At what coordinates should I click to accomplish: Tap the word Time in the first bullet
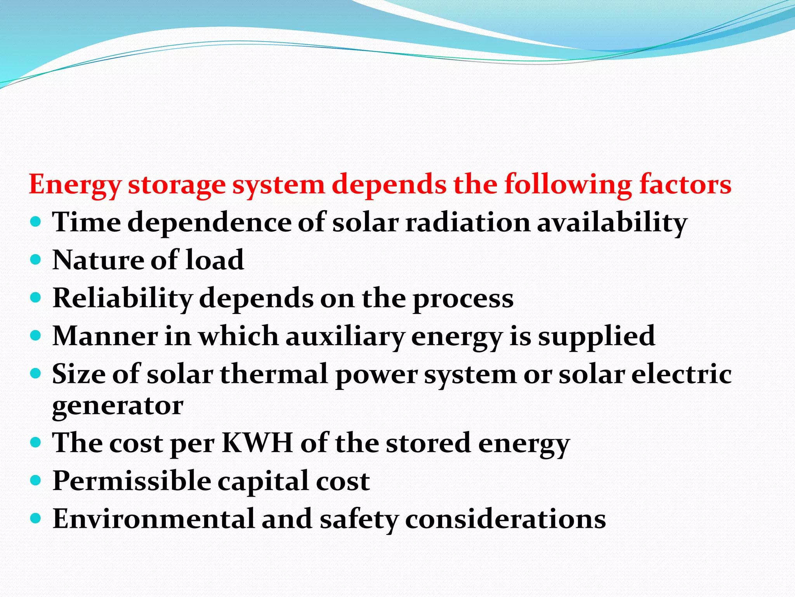pyautogui.click(x=87, y=222)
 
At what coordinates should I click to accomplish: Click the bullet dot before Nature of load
pyautogui.click(x=35, y=260)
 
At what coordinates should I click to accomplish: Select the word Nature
pyautogui.click(x=98, y=260)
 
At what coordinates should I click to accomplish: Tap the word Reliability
pyautogui.click(x=123, y=298)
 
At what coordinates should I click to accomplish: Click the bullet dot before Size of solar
pyautogui.click(x=35, y=374)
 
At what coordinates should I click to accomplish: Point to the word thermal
pyautogui.click(x=274, y=374)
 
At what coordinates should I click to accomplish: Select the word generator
pyautogui.click(x=118, y=407)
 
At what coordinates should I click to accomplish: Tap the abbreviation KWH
pyautogui.click(x=257, y=443)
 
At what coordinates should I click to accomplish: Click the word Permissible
pyautogui.click(x=132, y=481)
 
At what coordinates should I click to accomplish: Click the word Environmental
pyautogui.click(x=153, y=519)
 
